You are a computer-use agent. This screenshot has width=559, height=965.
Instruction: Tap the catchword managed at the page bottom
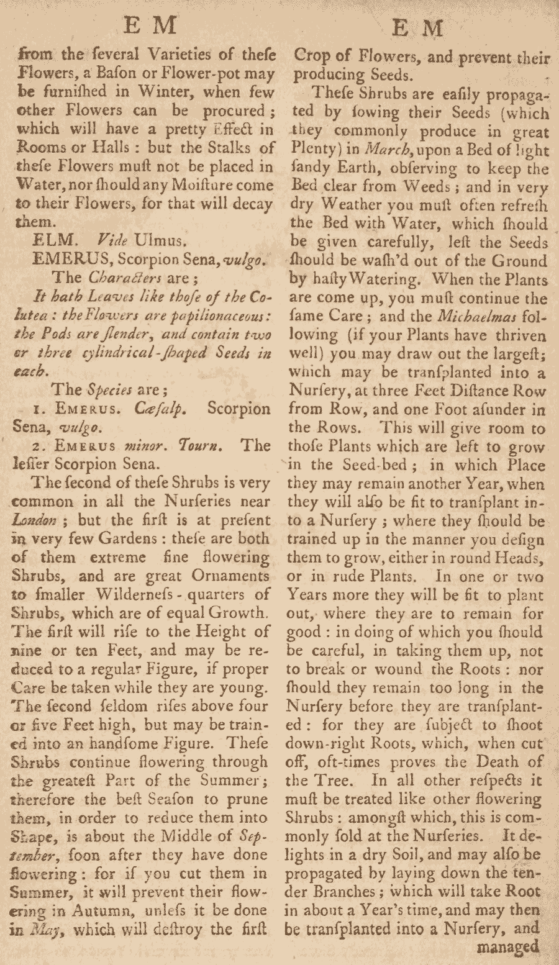click(x=508, y=946)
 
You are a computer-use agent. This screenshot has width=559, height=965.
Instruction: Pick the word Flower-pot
click(x=202, y=74)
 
